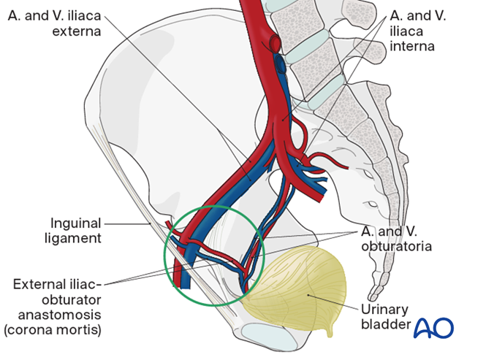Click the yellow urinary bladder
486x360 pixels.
coord(307,285)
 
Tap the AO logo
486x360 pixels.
coord(434,329)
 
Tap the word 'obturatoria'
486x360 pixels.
coord(395,246)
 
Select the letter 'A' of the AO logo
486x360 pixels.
coord(425,329)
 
